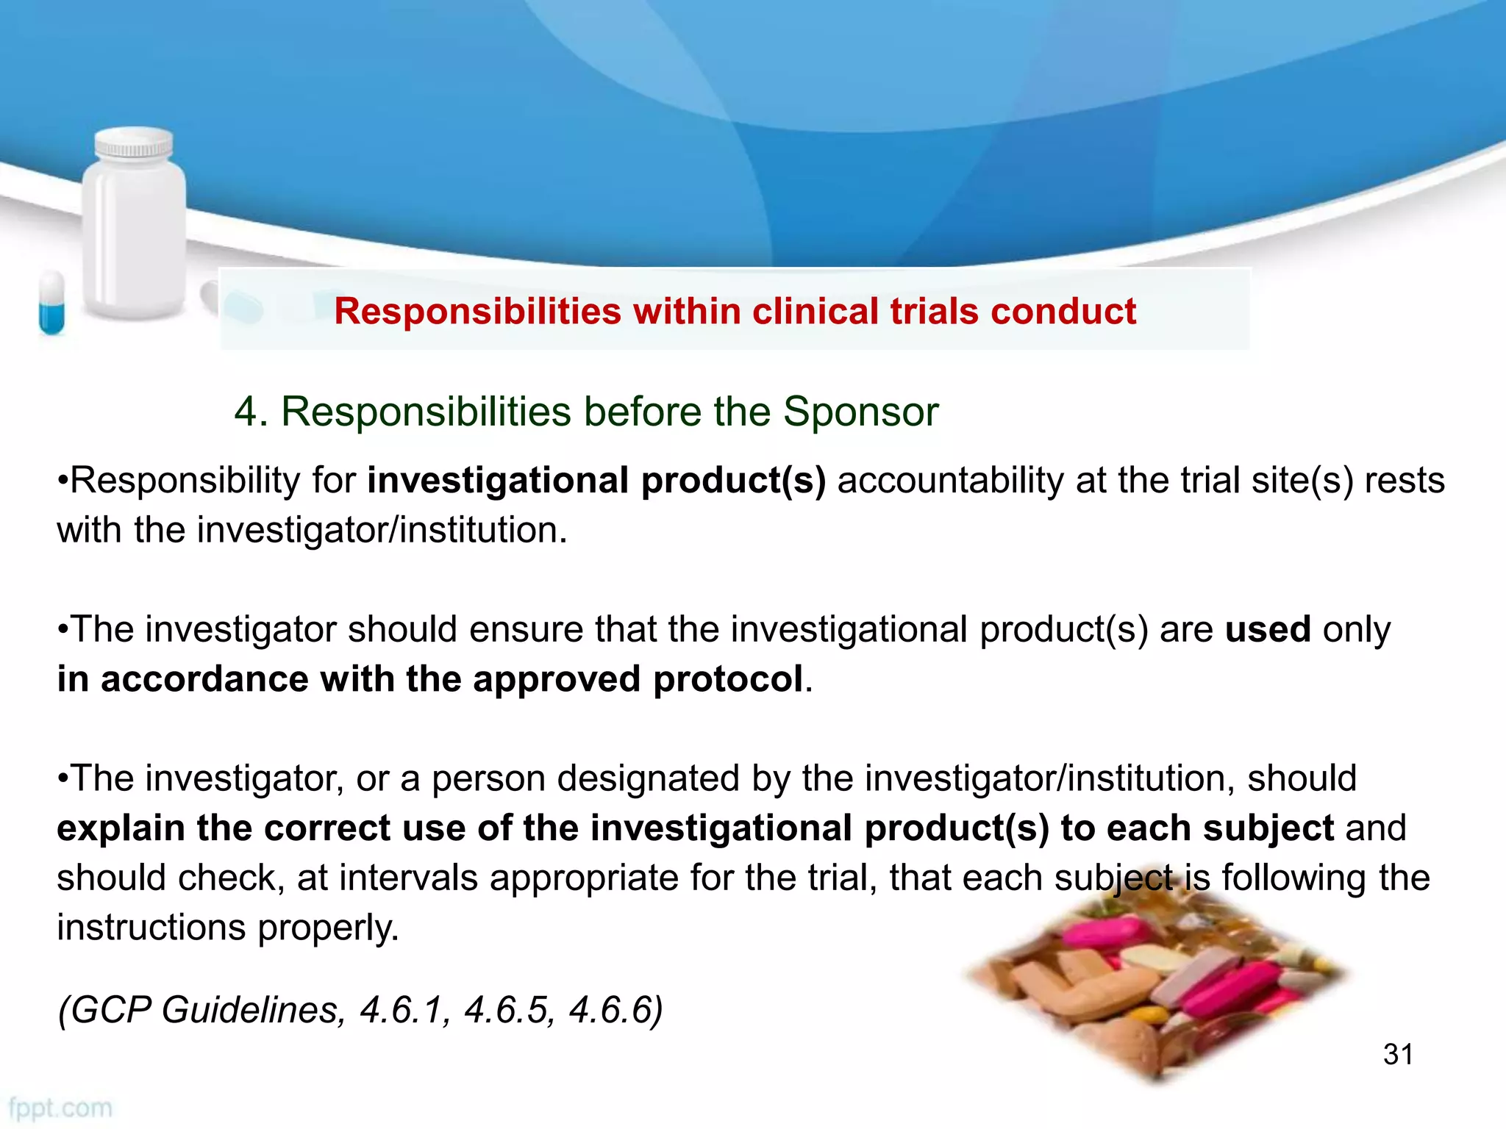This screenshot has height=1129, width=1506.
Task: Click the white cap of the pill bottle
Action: click(135, 143)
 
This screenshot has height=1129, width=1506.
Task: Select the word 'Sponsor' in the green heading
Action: click(860, 412)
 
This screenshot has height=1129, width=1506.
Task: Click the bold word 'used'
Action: click(1268, 630)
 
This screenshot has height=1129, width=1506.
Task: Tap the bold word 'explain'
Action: click(121, 829)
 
